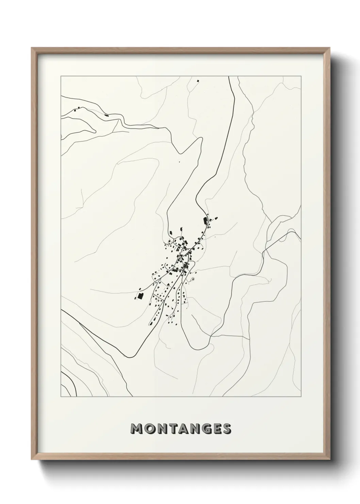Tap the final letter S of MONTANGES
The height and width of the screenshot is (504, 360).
tap(227, 429)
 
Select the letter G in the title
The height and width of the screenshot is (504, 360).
tap(203, 429)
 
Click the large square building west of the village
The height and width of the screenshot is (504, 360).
tap(140, 296)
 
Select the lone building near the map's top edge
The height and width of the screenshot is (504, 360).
tap(197, 81)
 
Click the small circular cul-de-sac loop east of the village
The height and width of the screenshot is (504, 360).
tap(193, 279)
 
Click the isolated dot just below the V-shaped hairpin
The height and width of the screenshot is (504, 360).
tap(179, 162)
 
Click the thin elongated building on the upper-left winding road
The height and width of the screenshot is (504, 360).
tap(107, 116)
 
